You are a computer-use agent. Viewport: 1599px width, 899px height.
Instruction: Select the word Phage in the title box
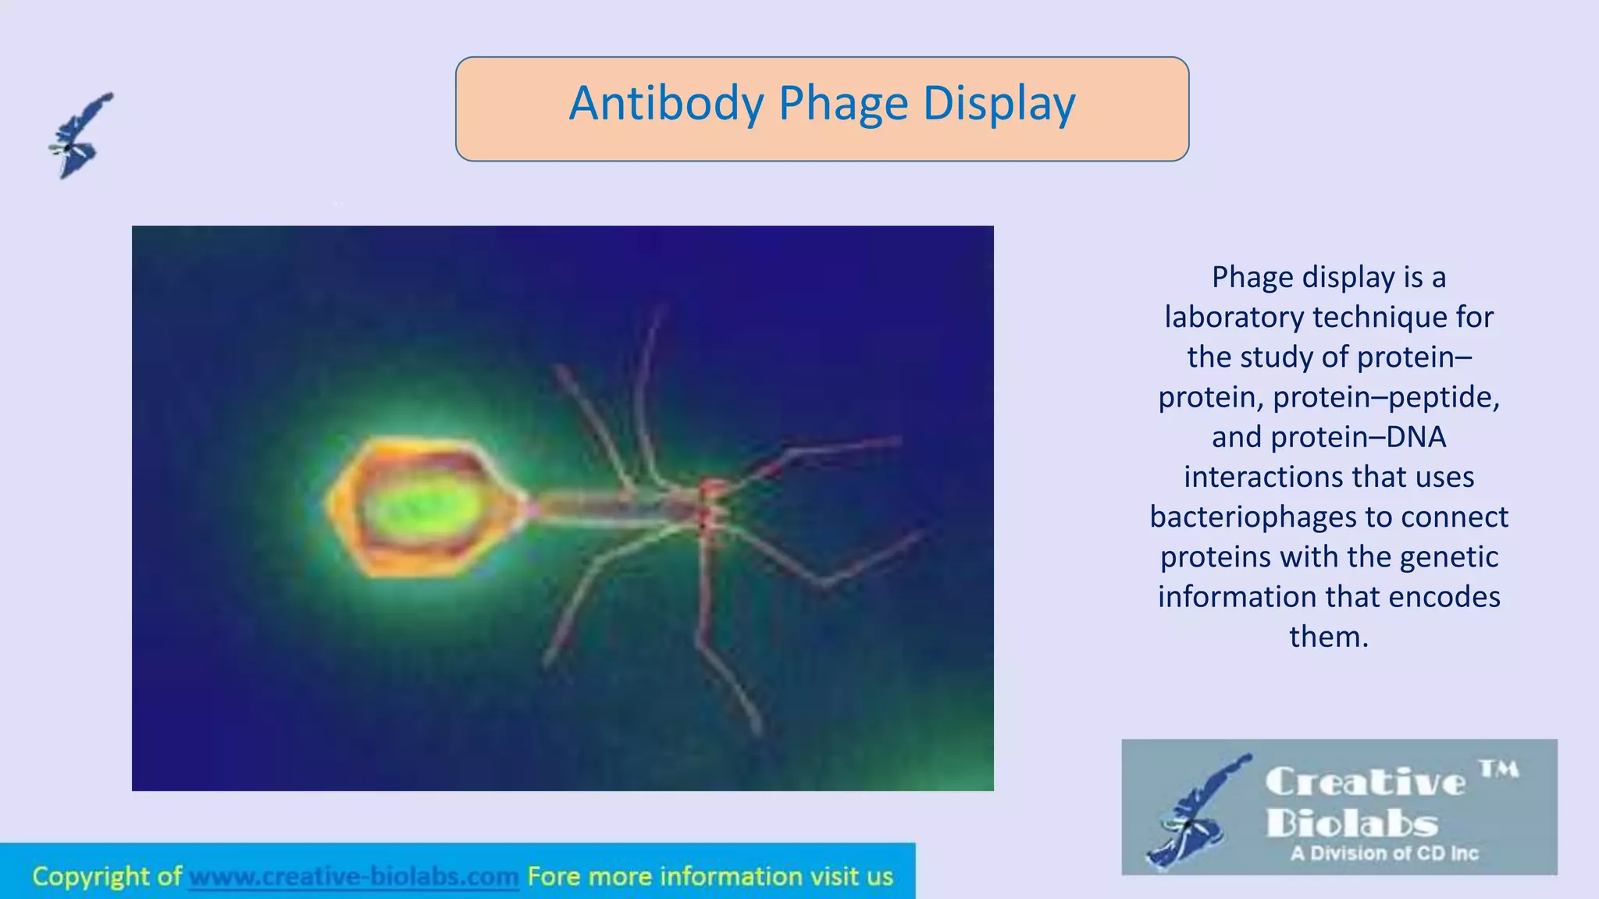(x=843, y=105)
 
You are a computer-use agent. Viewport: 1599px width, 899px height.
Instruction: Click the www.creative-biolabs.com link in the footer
(x=354, y=876)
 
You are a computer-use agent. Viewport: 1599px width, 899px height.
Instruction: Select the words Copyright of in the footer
(x=107, y=876)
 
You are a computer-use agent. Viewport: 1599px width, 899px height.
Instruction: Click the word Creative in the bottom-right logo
(x=1365, y=782)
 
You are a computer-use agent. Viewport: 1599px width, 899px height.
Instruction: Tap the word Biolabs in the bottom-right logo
(x=1351, y=823)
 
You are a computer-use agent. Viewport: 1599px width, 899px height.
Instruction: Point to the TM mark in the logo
(x=1499, y=770)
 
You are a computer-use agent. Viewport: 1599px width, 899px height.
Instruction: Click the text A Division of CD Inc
(x=1384, y=854)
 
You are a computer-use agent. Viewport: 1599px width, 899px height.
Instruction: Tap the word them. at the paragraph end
(x=1329, y=637)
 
